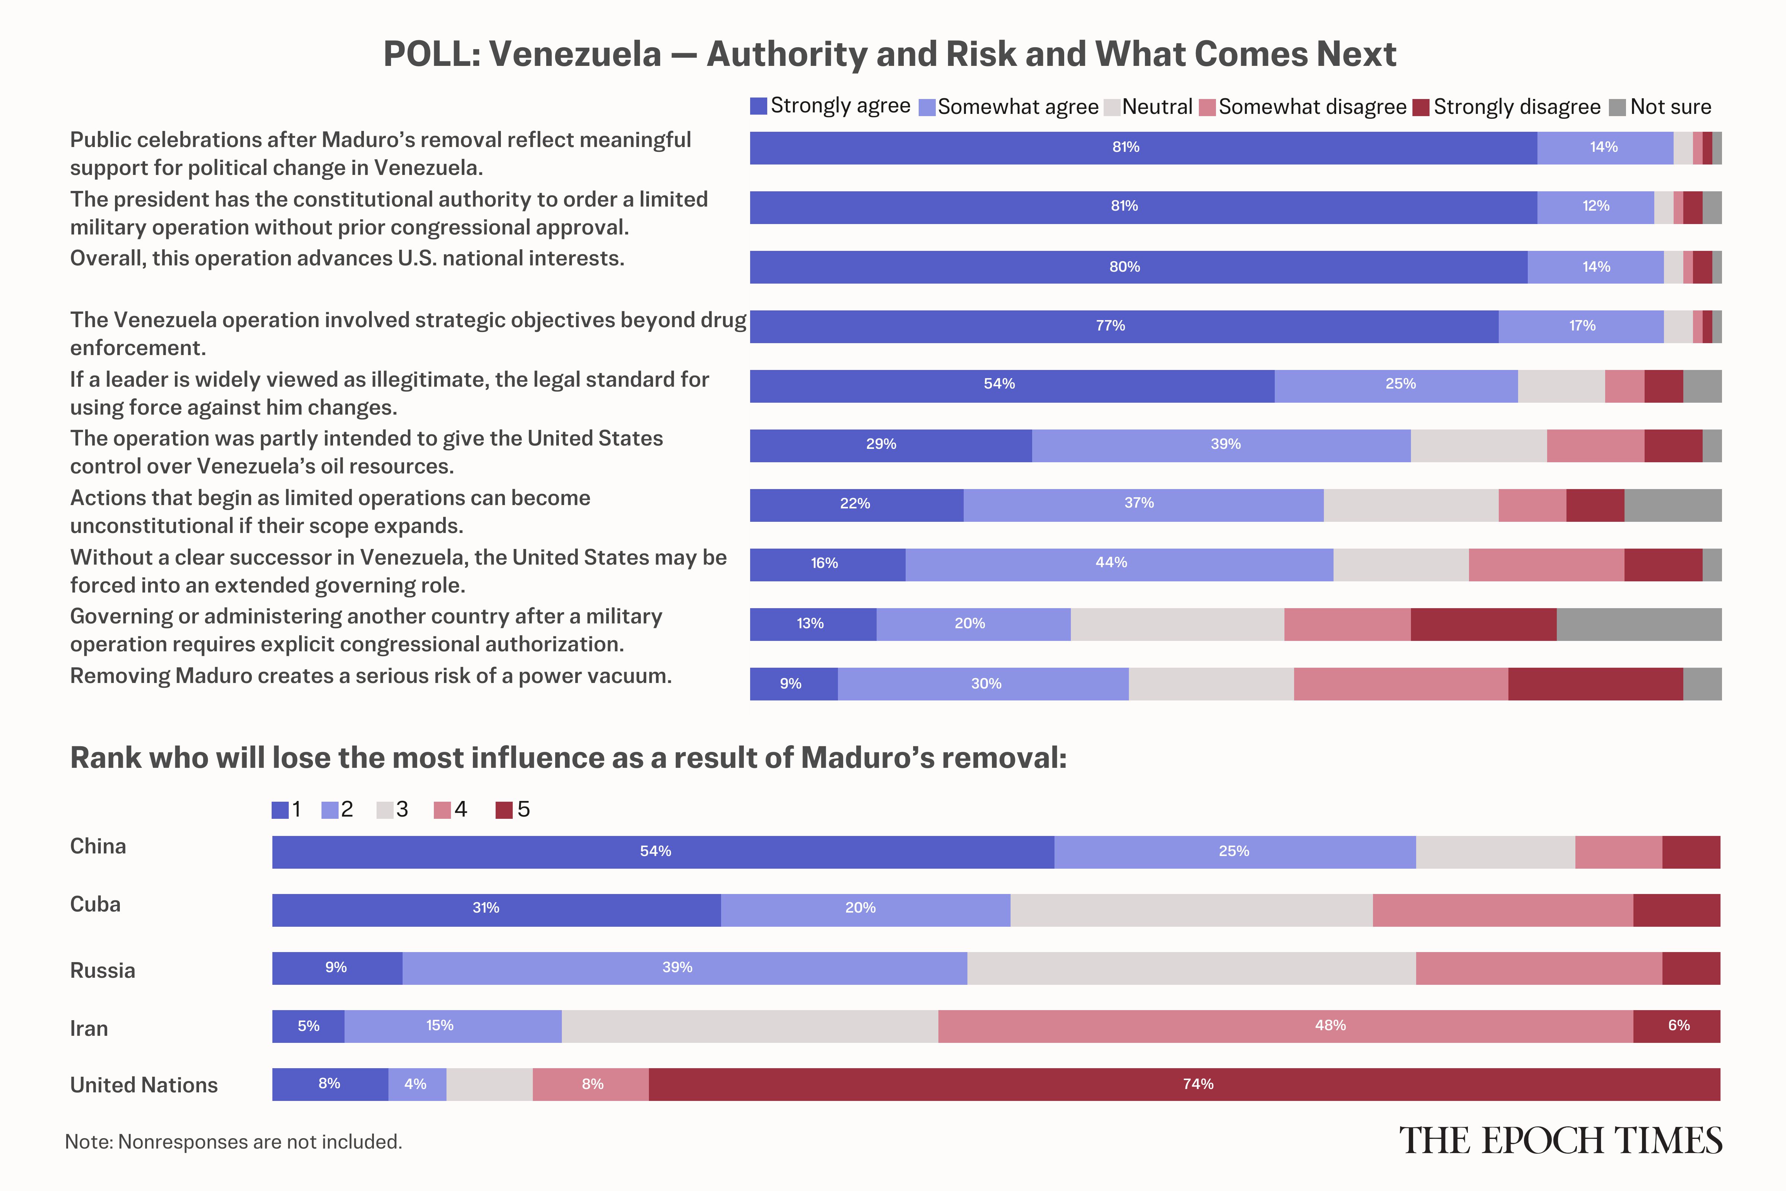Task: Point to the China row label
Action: (98, 846)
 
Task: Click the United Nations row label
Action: (144, 1085)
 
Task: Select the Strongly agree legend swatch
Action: (758, 106)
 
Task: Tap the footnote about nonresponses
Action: (233, 1141)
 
